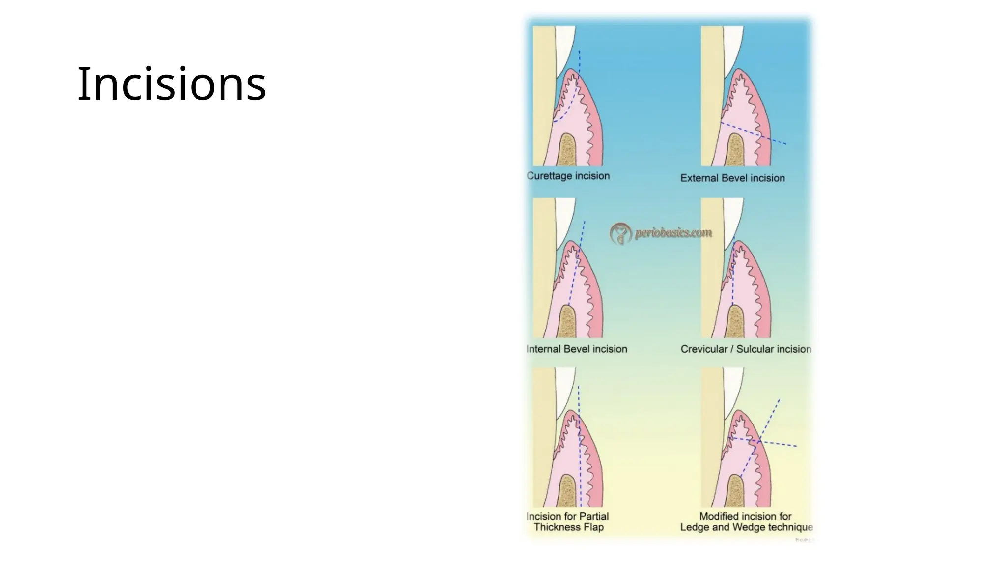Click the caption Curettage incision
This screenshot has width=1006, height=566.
point(568,176)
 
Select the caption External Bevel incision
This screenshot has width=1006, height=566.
point(732,178)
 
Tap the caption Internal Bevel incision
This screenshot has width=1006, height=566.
point(577,349)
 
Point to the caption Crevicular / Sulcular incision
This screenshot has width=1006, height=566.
point(746,349)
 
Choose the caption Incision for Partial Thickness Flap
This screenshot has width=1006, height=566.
point(568,522)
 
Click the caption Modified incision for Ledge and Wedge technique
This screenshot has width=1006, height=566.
point(746,522)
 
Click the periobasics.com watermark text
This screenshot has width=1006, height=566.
point(673,232)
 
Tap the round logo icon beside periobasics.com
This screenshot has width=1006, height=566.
point(620,233)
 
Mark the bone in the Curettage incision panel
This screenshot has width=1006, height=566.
point(568,150)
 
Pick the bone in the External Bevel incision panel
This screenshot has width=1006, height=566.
point(736,150)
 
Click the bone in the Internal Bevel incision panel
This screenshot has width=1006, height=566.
point(568,321)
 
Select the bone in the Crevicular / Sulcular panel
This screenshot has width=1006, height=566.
point(736,321)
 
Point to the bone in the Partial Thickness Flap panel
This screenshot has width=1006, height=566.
point(568,491)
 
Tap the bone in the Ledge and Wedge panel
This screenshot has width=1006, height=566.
point(736,491)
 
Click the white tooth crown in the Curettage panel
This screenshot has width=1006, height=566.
point(565,47)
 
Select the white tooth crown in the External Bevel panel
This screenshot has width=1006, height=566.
point(733,47)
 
